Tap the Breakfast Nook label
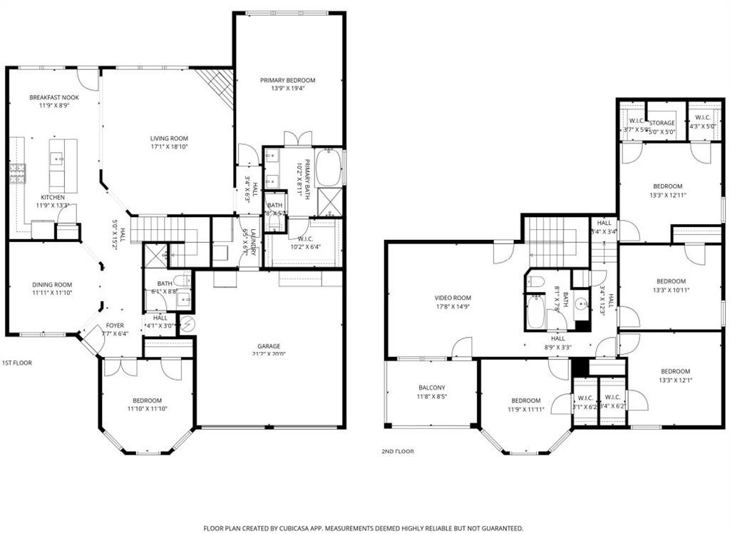[54, 97]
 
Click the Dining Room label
[52, 284]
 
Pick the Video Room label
[453, 298]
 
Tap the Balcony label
[431, 388]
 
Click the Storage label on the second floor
[662, 123]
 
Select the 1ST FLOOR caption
[17, 363]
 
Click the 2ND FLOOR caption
[398, 451]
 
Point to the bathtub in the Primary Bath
[328, 167]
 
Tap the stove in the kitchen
[17, 173]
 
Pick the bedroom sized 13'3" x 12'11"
[668, 191]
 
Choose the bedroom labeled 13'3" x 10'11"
[671, 286]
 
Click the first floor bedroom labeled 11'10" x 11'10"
[147, 405]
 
